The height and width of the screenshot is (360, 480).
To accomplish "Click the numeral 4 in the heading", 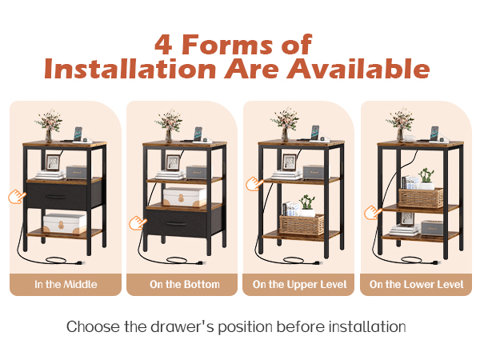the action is pyautogui.click(x=163, y=44).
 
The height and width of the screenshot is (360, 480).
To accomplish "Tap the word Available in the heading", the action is pyautogui.click(x=358, y=68).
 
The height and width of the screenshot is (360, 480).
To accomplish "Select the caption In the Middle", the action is pyautogui.click(x=66, y=284).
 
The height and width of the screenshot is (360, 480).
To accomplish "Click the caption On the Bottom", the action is pyautogui.click(x=185, y=284).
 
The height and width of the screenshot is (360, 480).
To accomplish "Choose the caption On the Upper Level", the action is pyautogui.click(x=300, y=285).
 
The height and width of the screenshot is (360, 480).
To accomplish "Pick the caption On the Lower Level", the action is pyautogui.click(x=416, y=284).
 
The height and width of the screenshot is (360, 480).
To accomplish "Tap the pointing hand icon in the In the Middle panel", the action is pyautogui.click(x=17, y=196).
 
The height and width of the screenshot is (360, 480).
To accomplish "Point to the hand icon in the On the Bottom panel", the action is pyautogui.click(x=138, y=222).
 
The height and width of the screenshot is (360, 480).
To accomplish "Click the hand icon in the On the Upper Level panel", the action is pyautogui.click(x=254, y=184).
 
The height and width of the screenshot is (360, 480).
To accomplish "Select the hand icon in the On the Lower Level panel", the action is pyautogui.click(x=373, y=213).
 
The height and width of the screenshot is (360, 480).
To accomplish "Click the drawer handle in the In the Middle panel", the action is pyautogui.click(x=56, y=197).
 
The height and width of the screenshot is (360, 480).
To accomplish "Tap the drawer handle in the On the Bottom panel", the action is pyautogui.click(x=176, y=224).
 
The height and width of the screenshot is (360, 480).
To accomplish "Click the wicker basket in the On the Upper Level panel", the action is pyautogui.click(x=302, y=225).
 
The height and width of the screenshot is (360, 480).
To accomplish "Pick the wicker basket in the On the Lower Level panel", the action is pyautogui.click(x=421, y=198).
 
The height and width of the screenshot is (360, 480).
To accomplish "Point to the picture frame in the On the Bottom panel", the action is pyautogui.click(x=174, y=162).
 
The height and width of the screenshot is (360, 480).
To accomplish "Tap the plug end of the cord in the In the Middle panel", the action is pyautogui.click(x=80, y=262).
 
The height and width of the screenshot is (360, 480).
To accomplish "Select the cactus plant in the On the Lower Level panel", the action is pyautogui.click(x=426, y=176).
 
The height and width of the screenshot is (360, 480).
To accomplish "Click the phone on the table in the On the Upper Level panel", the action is pyautogui.click(x=315, y=133).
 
